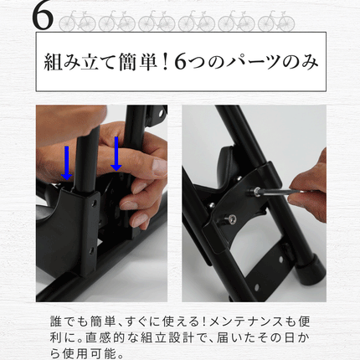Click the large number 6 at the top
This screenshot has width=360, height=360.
click(x=43, y=18)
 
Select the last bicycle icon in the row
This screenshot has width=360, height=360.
click(x=276, y=21)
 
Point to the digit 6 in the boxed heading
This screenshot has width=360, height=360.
click(x=180, y=63)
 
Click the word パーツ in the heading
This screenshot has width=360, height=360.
click(x=254, y=62)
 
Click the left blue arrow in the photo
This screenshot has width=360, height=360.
click(x=67, y=163)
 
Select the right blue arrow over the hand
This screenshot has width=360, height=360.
click(x=116, y=153)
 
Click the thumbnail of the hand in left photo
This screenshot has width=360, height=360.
click(x=159, y=168)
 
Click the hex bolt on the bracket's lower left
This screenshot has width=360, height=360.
click(x=231, y=219)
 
